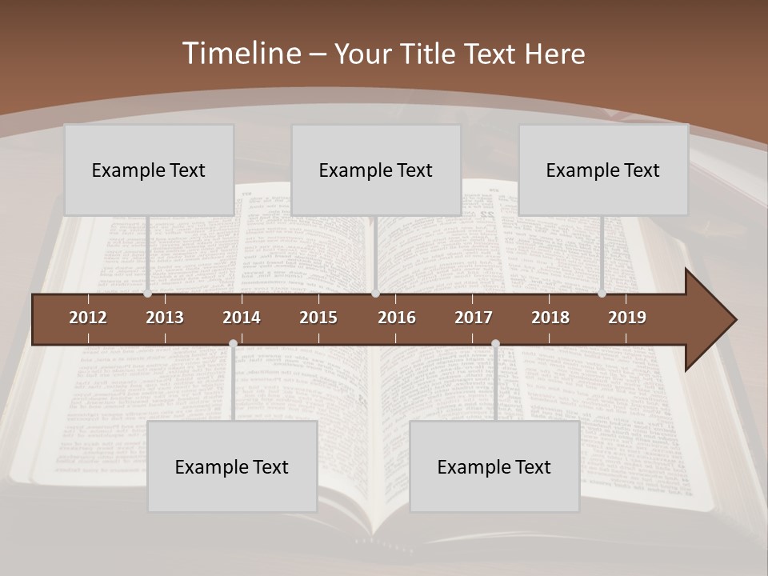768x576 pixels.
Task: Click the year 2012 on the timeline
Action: (x=88, y=318)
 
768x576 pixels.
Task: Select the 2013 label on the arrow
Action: (x=165, y=318)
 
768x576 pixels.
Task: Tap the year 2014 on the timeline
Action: (x=242, y=318)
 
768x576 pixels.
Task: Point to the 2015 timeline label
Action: (x=318, y=318)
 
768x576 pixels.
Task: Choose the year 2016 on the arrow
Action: (x=397, y=318)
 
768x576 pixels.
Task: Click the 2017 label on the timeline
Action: (x=474, y=318)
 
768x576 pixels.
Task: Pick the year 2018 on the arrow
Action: (x=550, y=318)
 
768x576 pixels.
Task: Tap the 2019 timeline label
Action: (x=627, y=318)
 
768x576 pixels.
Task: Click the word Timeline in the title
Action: (x=241, y=54)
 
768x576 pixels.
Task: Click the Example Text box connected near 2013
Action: (x=149, y=170)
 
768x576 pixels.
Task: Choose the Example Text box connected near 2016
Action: (x=376, y=170)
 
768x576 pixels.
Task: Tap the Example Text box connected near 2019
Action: (x=603, y=170)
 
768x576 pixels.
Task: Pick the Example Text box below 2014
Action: (x=232, y=466)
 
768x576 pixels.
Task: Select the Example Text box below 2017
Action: (x=494, y=466)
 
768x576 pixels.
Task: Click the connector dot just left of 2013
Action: (x=148, y=294)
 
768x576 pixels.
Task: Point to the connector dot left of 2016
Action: (x=375, y=294)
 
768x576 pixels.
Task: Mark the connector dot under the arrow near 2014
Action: (x=233, y=344)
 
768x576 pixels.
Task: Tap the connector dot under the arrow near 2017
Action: (x=495, y=344)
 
